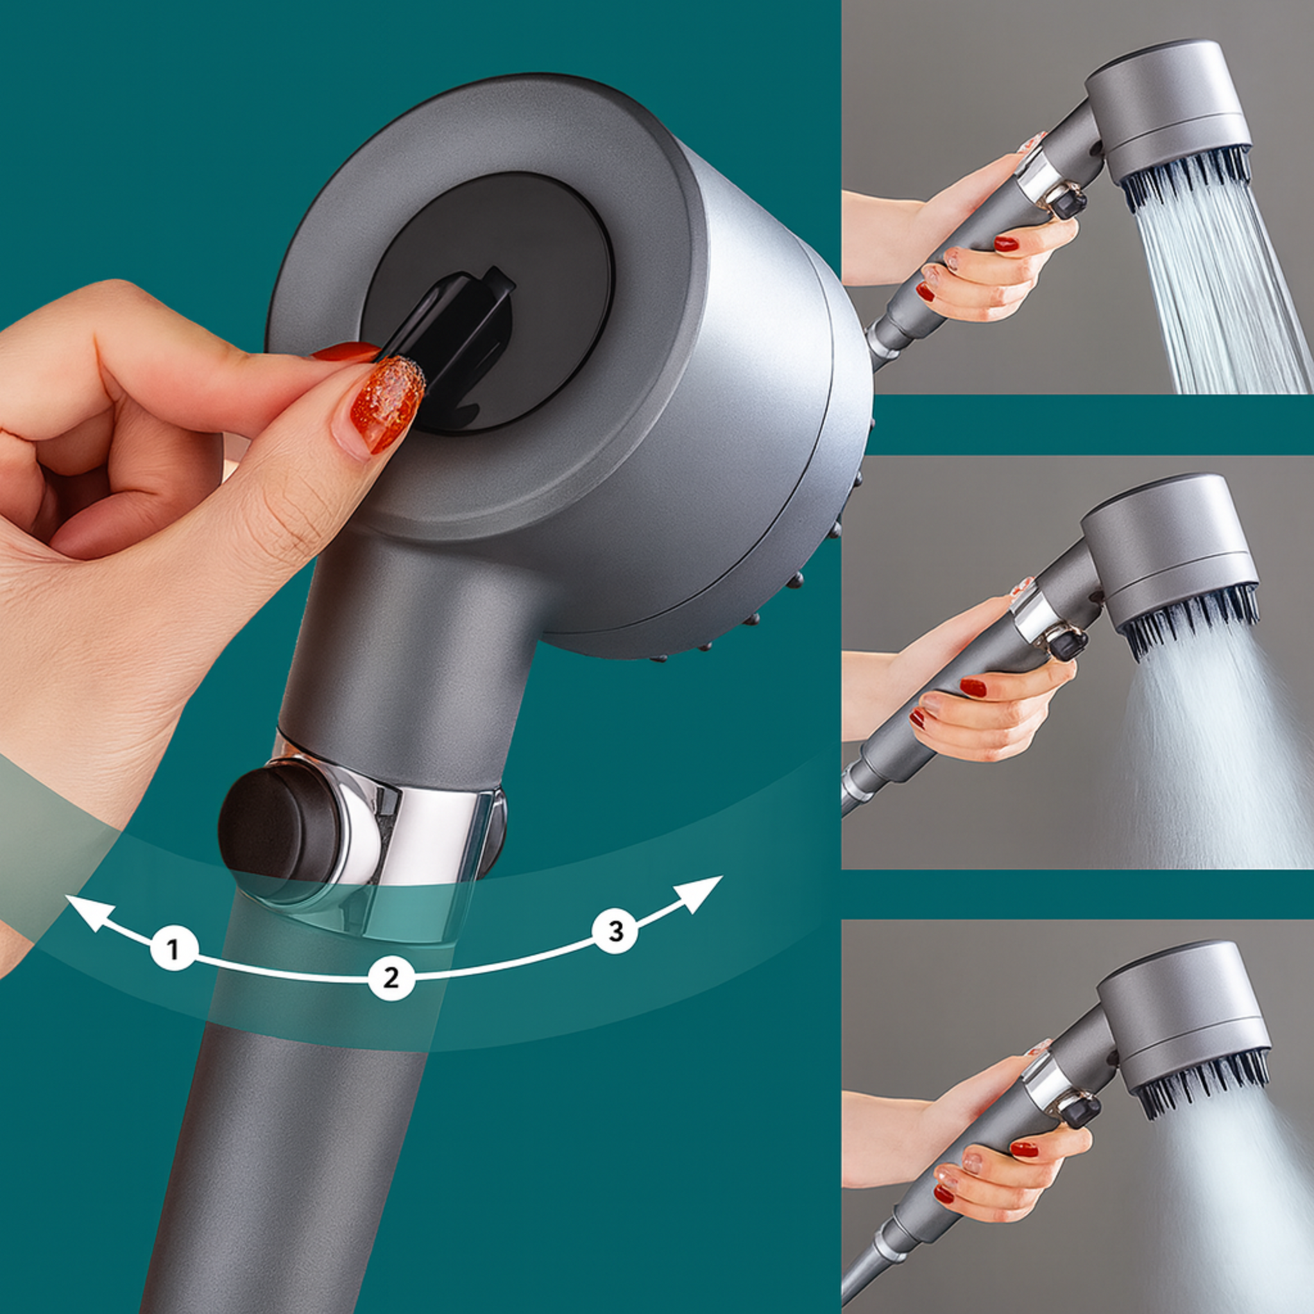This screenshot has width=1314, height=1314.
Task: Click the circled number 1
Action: (x=174, y=948)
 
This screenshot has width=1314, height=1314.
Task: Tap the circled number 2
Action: (x=391, y=978)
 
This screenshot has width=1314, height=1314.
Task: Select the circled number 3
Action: (x=615, y=930)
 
